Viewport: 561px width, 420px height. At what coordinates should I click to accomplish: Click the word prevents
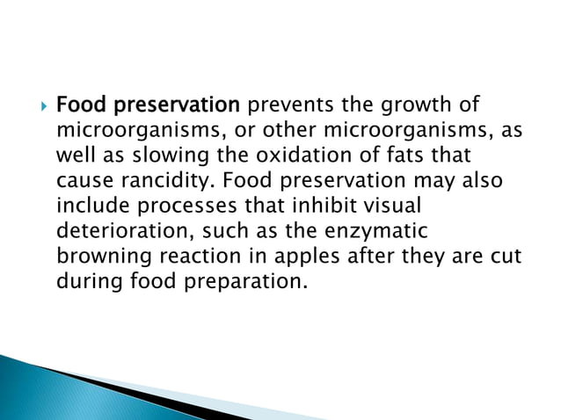283,107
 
